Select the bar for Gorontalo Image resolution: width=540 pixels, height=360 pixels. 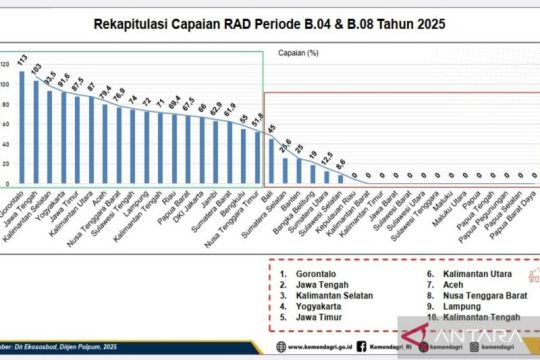click(21, 128)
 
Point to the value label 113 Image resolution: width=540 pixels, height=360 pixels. click(22, 61)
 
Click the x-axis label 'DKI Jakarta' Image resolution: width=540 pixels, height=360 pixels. click(197, 205)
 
